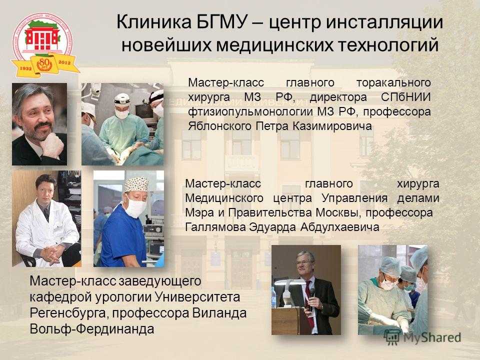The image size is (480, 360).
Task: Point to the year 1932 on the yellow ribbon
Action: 25,68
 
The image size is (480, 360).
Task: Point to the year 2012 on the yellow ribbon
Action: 64,62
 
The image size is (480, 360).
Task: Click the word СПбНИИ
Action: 406,97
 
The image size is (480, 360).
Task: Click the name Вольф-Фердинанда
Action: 92,329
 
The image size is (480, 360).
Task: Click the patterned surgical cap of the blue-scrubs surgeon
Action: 136,184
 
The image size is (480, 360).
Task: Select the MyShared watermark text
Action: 432,337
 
